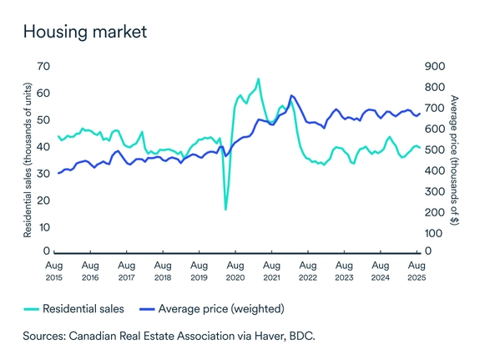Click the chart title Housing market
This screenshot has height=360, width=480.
coord(84,33)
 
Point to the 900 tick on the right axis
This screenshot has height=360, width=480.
coord(435,66)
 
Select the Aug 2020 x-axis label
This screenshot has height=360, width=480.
coord(235,270)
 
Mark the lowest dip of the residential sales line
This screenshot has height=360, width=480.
coord(225,209)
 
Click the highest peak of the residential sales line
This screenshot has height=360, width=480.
coord(259,79)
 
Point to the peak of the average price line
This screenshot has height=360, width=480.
coord(291,96)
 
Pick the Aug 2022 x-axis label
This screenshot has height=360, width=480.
coord(307,270)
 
